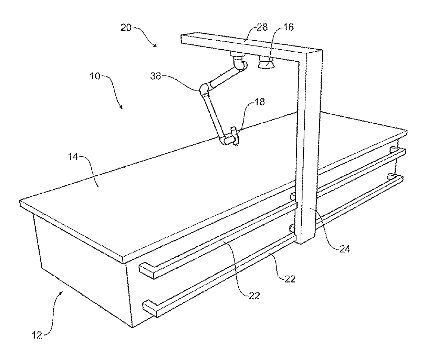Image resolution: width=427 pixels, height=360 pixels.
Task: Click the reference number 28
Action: pos(262,28)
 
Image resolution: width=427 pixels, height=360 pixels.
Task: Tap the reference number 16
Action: pos(289,28)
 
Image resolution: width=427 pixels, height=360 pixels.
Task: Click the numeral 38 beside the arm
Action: pos(156,76)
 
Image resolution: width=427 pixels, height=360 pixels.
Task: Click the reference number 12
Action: pos(37,335)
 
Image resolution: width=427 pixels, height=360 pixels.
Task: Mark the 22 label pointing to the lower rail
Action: pos(290,279)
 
